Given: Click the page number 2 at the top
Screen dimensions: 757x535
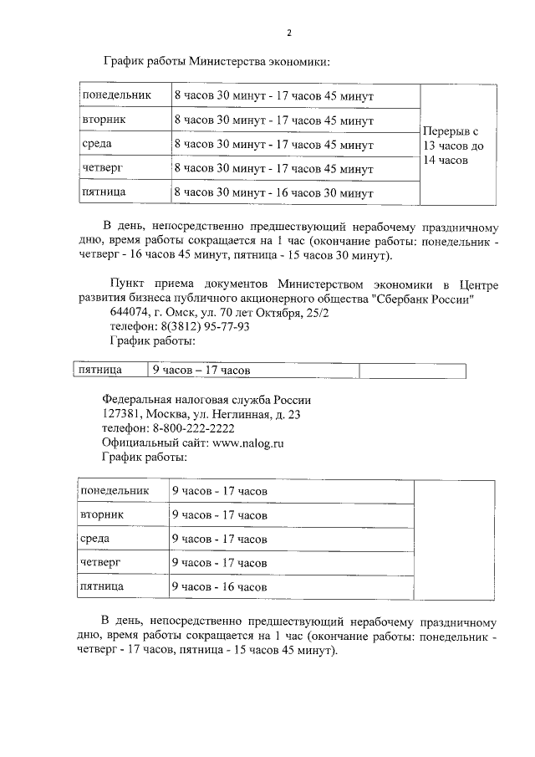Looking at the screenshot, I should pos(289,33).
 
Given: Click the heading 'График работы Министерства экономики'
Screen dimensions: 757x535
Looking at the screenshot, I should pos(217,61).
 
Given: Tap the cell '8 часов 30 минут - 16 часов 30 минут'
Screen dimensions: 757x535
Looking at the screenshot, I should pos(273,193).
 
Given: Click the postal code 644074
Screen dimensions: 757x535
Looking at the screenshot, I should pos(127,313).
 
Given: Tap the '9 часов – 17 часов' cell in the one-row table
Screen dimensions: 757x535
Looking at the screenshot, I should pos(201,370).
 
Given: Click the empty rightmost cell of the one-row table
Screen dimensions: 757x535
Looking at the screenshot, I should pos(412,370).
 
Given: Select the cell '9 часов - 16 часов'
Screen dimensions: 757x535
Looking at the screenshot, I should pos(219,587).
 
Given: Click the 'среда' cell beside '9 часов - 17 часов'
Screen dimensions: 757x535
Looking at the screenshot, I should pos(95,539).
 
